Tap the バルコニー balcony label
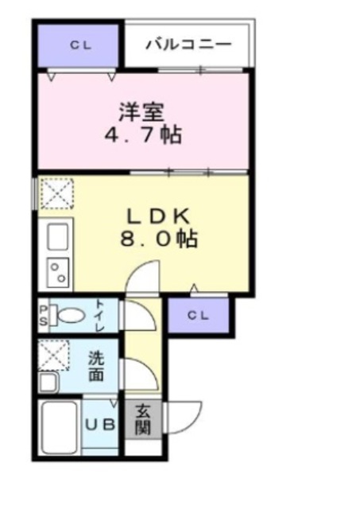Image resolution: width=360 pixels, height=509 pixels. point(188,44)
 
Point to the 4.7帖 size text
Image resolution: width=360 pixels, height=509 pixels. point(144,134)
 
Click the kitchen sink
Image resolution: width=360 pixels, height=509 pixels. point(57,236)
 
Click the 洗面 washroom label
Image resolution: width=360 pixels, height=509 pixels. point(95,367)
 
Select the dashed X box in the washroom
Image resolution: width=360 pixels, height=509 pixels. point(55,355)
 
